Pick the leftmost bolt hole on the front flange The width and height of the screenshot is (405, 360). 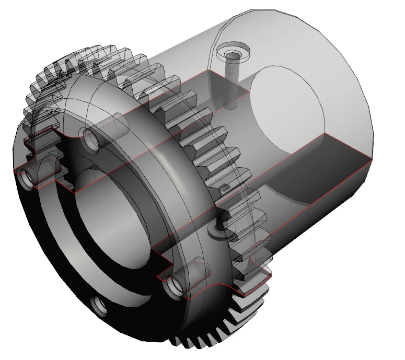point(26,179)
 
